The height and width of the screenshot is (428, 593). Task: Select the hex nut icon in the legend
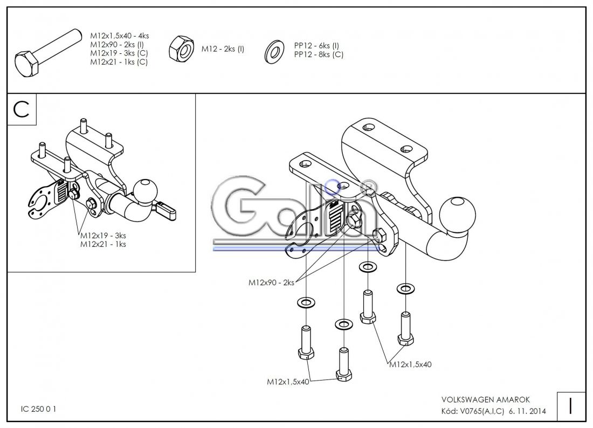182,50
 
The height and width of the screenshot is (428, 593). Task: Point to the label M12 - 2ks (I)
223,49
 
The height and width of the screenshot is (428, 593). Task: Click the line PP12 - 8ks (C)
319,54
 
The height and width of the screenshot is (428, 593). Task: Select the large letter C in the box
22,109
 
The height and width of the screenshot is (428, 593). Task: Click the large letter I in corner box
570,405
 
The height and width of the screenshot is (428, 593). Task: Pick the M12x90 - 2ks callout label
271,282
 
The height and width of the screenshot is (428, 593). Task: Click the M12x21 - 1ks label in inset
103,244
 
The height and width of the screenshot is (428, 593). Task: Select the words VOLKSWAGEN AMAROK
485,400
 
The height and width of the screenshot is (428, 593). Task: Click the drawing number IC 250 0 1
38,409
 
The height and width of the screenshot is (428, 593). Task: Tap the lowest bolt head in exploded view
343,375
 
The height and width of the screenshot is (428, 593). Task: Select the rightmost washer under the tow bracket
405,289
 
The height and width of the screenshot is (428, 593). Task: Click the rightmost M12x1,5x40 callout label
410,364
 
